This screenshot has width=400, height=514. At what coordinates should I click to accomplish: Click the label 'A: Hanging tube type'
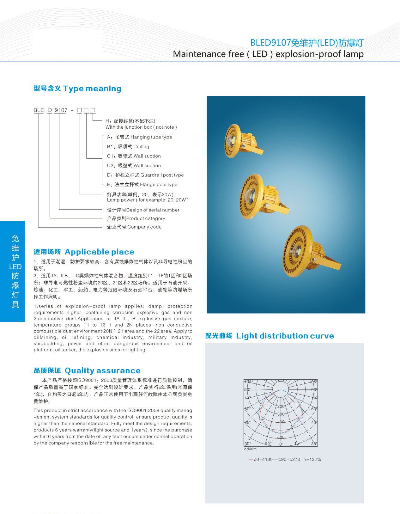pos(140,137)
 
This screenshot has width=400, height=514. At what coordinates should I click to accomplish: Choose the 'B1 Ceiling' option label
pos(128,147)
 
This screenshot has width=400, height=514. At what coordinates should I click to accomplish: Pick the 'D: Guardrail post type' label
pos(145,175)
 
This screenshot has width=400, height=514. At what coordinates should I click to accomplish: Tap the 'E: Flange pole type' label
pos(142,185)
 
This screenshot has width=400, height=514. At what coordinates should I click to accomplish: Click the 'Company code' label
pos(134,227)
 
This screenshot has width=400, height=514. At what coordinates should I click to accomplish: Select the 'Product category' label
pos(136,218)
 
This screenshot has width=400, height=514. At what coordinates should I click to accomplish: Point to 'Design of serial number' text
pos(143,210)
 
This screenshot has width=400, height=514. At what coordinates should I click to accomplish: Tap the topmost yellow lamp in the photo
pos(242,139)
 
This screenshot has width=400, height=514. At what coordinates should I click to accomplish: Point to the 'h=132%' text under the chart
pos(312,459)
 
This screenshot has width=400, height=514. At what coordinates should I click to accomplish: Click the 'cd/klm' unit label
pos(250,449)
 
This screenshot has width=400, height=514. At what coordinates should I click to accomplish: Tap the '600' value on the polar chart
pos(281,437)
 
